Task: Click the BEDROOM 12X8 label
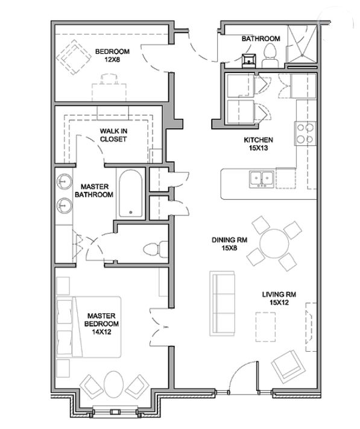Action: [x=112, y=56]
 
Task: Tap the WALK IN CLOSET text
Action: [x=113, y=135]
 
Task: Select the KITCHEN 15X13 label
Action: [x=258, y=144]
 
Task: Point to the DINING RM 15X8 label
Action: [x=229, y=244]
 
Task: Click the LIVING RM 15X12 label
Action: [x=279, y=299]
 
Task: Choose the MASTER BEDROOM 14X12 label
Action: [x=101, y=323]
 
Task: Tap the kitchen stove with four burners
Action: [x=305, y=133]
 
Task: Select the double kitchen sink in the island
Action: [x=262, y=179]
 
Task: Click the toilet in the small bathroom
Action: [x=270, y=56]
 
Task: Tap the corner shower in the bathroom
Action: [x=302, y=44]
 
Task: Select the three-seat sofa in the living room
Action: [x=223, y=303]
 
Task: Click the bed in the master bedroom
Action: [x=89, y=327]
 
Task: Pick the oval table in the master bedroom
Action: [x=113, y=384]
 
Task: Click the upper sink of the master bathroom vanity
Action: [x=65, y=181]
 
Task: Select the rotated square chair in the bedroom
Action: [x=74, y=57]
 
